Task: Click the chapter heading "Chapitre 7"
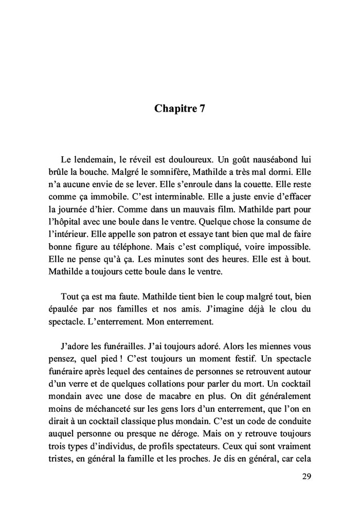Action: pos(179,108)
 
